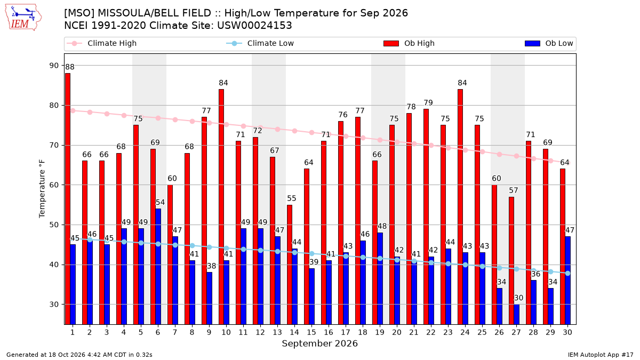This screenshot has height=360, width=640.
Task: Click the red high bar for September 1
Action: (x=68, y=199)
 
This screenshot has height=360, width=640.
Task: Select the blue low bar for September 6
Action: (x=158, y=267)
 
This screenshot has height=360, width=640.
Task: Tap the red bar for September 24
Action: (x=460, y=207)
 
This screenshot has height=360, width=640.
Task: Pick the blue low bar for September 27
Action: (x=517, y=314)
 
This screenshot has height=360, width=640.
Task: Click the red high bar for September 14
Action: (x=290, y=265)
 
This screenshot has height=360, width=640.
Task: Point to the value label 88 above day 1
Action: (x=70, y=67)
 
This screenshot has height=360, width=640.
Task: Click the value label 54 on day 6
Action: (x=160, y=202)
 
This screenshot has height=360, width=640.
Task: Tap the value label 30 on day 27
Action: (x=518, y=298)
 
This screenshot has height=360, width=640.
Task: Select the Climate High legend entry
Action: (x=102, y=43)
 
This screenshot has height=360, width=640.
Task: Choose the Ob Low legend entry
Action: (x=549, y=43)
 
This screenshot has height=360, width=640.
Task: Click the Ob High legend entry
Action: (x=409, y=43)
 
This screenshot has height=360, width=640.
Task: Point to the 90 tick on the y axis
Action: (x=54, y=66)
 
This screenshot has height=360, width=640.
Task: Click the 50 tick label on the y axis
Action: (x=54, y=225)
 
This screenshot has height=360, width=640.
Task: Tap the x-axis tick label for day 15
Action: (x=311, y=332)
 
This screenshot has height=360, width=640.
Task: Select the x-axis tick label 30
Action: (x=567, y=332)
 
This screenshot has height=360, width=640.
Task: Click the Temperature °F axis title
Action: (x=42, y=189)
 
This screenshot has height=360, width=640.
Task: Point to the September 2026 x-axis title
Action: (x=319, y=343)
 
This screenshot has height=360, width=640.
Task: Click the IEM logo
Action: (x=23, y=17)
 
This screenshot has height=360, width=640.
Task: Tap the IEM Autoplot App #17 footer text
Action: (x=601, y=355)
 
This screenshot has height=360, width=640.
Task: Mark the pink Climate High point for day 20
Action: (x=397, y=142)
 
